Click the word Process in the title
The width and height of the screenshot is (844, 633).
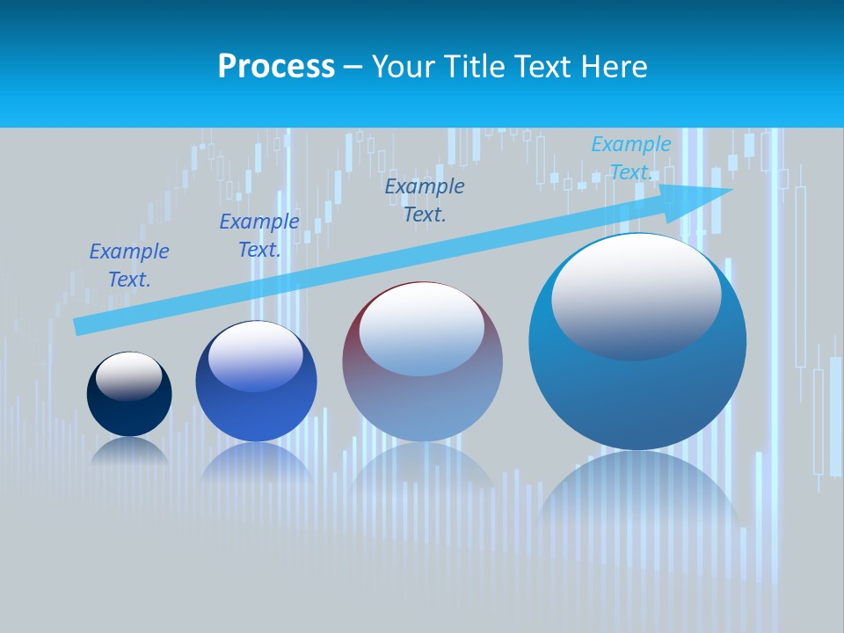pyautogui.click(x=276, y=67)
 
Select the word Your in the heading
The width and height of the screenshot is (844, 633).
pyautogui.click(x=405, y=67)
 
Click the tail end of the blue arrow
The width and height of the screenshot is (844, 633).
pyautogui.click(x=79, y=326)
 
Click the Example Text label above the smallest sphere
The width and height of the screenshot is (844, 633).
pyautogui.click(x=129, y=266)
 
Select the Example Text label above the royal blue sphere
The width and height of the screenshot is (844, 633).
pyautogui.click(x=259, y=236)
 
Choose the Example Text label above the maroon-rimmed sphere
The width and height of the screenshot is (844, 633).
pyautogui.click(x=425, y=200)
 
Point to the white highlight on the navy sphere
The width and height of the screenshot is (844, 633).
pyautogui.click(x=129, y=375)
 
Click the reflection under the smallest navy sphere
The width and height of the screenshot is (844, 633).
pyautogui.click(x=129, y=450)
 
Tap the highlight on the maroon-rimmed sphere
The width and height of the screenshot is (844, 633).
pyautogui.click(x=422, y=327)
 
